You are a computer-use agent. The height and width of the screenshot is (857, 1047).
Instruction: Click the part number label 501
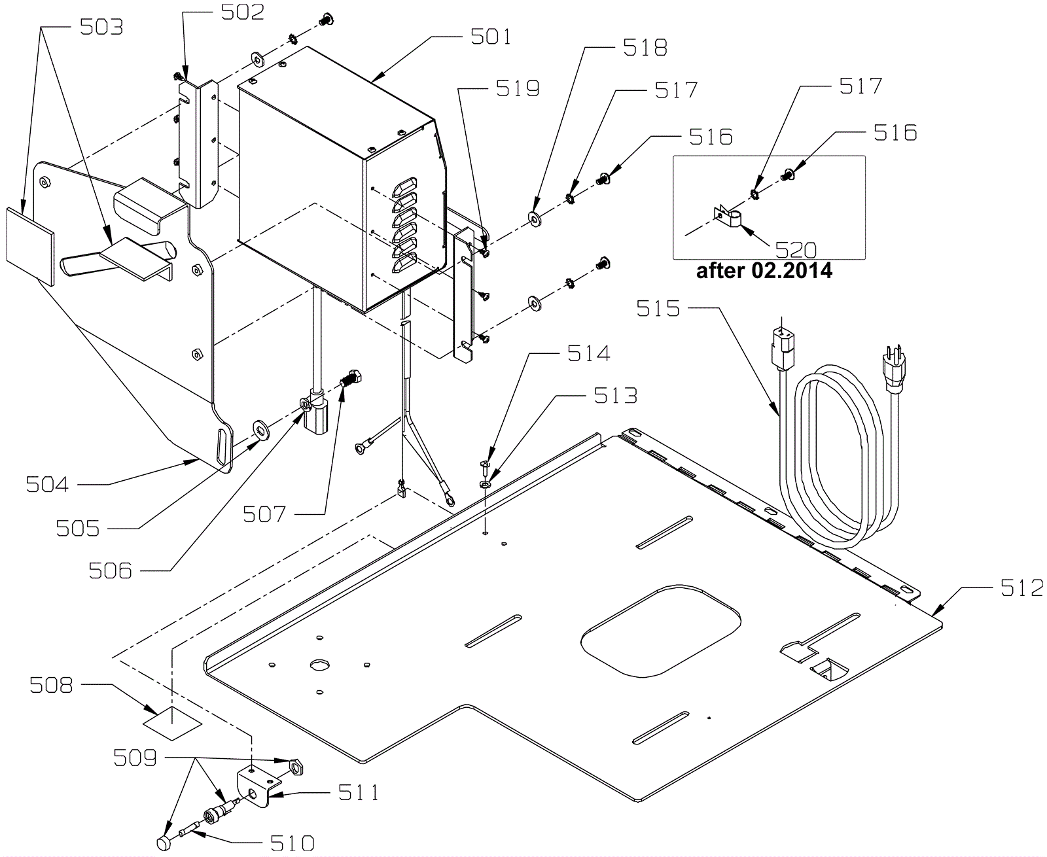tap(491, 37)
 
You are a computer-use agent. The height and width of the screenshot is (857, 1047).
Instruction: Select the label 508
tap(51, 686)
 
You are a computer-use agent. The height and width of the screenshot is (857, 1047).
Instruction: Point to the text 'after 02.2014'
tap(764, 271)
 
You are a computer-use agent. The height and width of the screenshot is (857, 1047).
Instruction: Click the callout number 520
tap(796, 250)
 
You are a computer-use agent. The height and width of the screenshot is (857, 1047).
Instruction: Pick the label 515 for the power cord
tap(658, 309)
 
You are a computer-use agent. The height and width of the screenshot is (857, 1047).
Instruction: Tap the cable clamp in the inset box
tap(729, 218)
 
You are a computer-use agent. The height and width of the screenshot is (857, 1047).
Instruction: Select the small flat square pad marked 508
tap(172, 723)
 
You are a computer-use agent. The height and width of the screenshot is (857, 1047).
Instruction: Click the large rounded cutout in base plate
tap(661, 630)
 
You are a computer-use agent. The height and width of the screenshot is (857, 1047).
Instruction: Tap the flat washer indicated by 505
tap(261, 430)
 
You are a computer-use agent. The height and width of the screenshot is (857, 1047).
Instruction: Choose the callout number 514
tap(588, 354)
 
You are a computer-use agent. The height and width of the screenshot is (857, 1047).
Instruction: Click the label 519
tap(518, 89)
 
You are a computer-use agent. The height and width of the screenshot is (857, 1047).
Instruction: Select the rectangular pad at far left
tap(30, 247)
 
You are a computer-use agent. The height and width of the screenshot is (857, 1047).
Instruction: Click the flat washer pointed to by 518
tap(535, 219)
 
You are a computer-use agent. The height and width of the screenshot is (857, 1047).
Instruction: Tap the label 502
tap(242, 12)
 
